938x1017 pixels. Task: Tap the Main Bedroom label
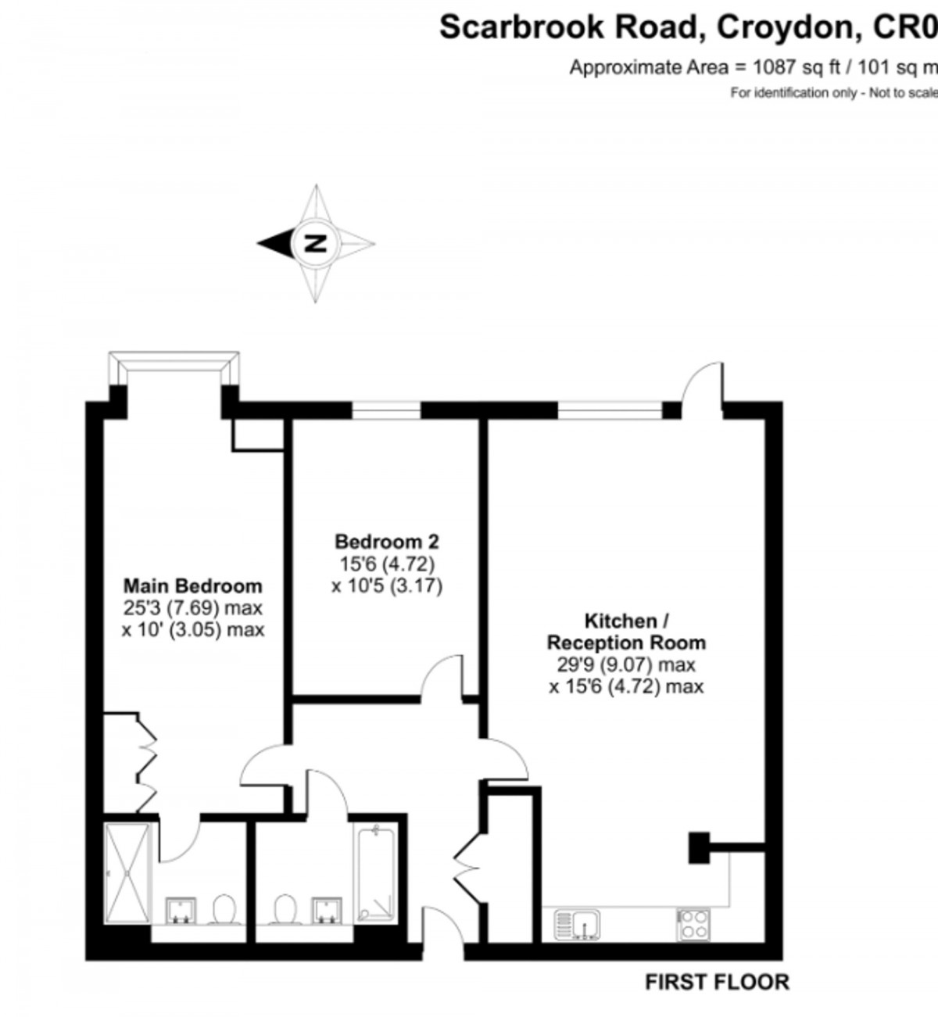(x=193, y=585)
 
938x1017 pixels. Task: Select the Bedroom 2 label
(x=386, y=541)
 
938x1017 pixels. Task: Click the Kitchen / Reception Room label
(x=625, y=632)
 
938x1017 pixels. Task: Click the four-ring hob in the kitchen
(x=693, y=925)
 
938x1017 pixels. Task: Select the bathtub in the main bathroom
(x=378, y=872)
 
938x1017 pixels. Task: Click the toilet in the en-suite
(x=224, y=909)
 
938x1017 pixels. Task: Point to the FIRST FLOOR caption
(x=717, y=982)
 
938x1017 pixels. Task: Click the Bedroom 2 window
(x=386, y=410)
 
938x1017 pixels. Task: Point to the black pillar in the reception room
(x=697, y=847)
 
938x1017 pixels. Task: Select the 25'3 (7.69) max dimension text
(x=192, y=608)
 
